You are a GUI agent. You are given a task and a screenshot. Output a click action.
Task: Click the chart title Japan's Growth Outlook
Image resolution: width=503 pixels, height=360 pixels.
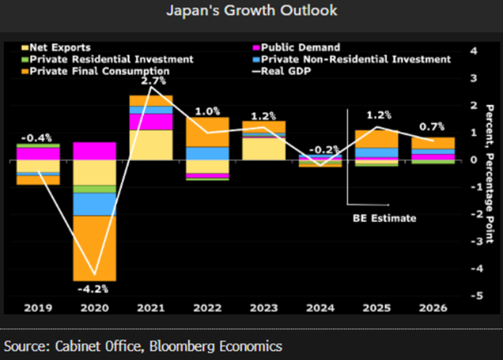click(251, 12)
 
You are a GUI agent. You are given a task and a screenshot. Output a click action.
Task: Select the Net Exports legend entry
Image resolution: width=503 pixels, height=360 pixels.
click(59, 48)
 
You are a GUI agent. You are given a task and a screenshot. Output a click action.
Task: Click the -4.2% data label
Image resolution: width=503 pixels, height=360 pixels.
click(94, 289)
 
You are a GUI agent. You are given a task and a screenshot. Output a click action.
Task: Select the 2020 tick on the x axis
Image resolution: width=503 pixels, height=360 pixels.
click(94, 308)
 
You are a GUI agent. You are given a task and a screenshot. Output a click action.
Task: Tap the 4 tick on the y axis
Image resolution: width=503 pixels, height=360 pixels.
click(473, 51)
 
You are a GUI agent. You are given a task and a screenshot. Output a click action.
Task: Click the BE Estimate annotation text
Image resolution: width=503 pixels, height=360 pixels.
click(385, 217)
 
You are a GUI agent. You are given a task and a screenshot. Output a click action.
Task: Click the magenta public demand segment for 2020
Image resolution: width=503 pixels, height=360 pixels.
click(94, 151)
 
